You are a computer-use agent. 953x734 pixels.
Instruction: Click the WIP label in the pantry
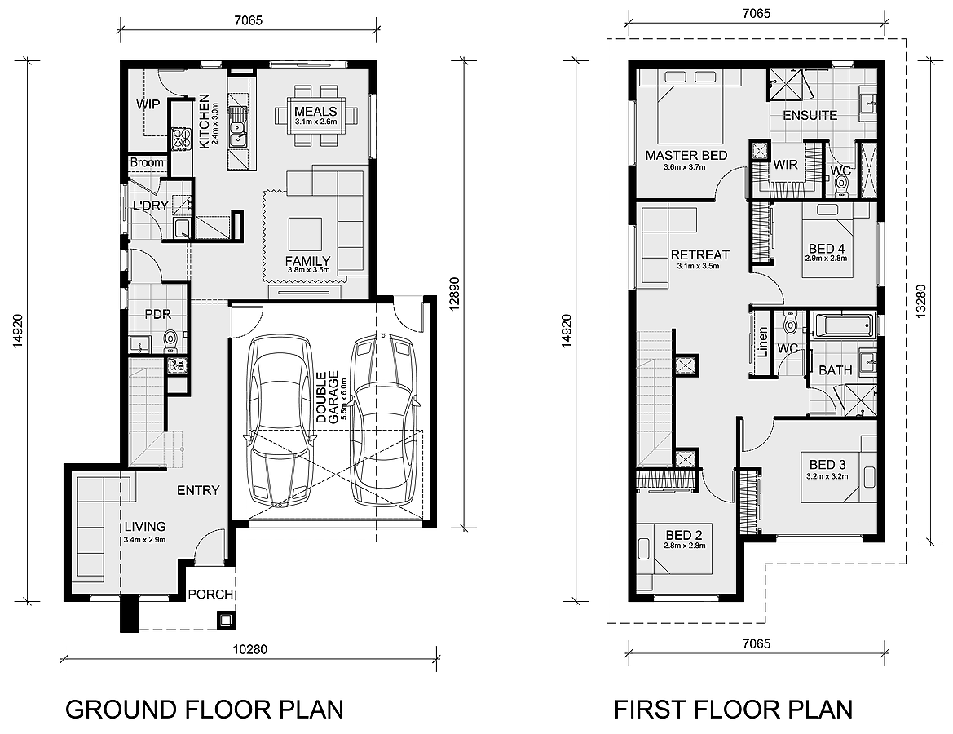click(x=148, y=104)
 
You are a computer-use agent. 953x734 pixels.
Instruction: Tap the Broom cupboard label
click(x=147, y=162)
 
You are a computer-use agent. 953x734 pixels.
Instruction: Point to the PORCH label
click(x=210, y=595)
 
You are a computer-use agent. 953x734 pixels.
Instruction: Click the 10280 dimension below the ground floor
click(x=249, y=649)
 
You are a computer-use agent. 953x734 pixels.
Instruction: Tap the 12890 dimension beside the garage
click(x=457, y=294)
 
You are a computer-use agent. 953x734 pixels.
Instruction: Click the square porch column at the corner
click(x=227, y=621)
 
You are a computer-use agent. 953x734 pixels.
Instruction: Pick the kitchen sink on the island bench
click(x=236, y=129)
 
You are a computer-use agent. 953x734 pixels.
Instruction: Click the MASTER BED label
click(x=686, y=155)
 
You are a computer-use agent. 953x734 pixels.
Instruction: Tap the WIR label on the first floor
click(x=785, y=164)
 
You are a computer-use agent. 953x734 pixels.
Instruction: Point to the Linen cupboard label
click(x=763, y=342)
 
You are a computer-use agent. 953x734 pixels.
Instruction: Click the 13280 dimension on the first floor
click(x=920, y=301)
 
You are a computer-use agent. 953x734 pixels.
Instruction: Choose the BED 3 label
click(x=827, y=465)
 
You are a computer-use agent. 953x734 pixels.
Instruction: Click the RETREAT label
click(x=700, y=254)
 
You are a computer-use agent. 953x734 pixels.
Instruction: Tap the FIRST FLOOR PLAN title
click(x=733, y=709)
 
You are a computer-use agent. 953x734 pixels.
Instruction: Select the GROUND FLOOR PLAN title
click(x=204, y=709)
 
